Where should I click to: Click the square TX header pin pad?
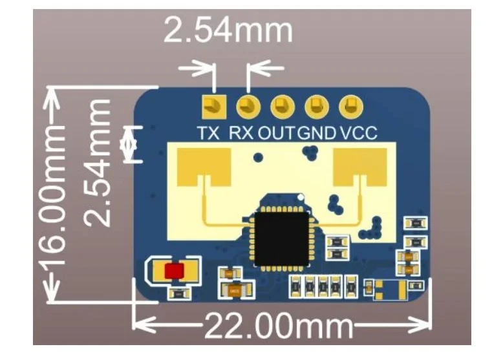click(x=214, y=107)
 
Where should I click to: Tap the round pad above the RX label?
click(x=248, y=107)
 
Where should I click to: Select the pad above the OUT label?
click(x=283, y=107)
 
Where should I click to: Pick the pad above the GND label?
click(x=317, y=107)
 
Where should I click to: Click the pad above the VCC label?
click(x=351, y=107)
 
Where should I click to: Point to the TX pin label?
click(x=209, y=133)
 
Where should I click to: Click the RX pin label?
click(x=241, y=133)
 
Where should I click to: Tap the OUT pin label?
click(x=276, y=133)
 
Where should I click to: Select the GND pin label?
click(x=317, y=133)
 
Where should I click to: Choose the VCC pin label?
click(x=359, y=133)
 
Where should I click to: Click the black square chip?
click(x=282, y=239)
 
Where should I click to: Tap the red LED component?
click(x=175, y=271)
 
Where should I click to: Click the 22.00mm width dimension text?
click(x=279, y=326)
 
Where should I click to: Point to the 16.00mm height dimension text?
click(x=53, y=195)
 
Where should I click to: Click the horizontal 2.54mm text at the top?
click(x=228, y=30)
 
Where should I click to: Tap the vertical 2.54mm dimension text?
click(x=97, y=163)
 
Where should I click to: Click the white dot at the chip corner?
click(x=301, y=197)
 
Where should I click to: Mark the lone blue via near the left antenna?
click(x=258, y=158)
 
